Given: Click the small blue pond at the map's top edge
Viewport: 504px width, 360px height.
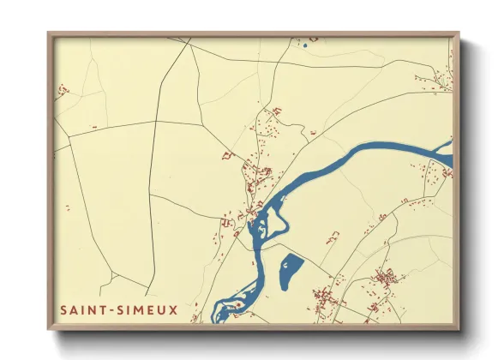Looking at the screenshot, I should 304,45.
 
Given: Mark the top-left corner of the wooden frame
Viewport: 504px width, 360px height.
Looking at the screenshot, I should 48,33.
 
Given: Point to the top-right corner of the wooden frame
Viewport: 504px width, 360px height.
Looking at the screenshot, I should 459,33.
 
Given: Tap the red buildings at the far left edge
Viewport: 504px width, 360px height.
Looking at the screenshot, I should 62,89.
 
